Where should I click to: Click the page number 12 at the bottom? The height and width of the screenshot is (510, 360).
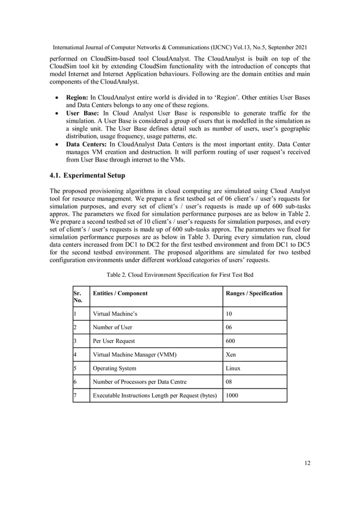pyautogui.click(x=306, y=463)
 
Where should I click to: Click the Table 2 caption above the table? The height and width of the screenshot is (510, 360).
pyautogui.click(x=179, y=274)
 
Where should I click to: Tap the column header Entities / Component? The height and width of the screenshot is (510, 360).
pyautogui.click(x=120, y=294)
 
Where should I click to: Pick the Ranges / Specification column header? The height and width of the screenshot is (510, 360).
pyautogui.click(x=254, y=294)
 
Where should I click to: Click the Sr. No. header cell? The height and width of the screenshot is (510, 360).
pyautogui.click(x=78, y=297)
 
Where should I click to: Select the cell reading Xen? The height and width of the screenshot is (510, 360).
pyautogui.click(x=231, y=355)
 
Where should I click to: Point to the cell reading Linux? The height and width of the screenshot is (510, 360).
pyautogui.click(x=233, y=368)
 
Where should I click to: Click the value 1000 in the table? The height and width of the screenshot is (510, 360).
pyautogui.click(x=232, y=396)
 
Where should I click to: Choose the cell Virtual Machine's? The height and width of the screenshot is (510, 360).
pyautogui.click(x=115, y=313)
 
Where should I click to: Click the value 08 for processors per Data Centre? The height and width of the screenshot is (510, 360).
pyautogui.click(x=229, y=382)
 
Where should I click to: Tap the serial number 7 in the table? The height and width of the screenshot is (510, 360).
pyautogui.click(x=75, y=396)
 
